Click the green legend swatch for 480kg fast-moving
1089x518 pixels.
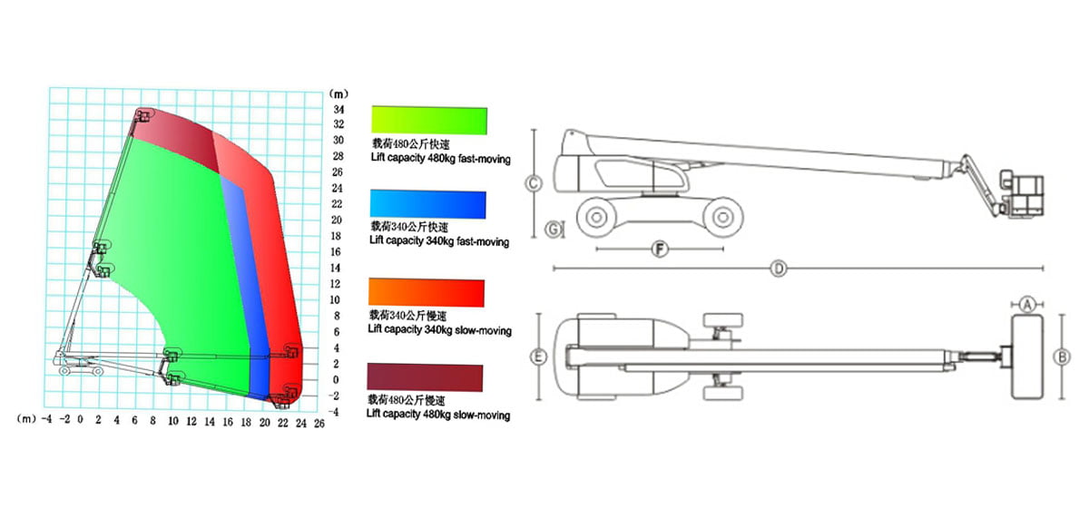429,120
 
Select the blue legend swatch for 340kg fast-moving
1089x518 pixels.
427,204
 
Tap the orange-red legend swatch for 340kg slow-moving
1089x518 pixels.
427,292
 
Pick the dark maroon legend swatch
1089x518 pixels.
426,377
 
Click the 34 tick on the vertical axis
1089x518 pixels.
338,110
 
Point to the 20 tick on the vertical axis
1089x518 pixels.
337,220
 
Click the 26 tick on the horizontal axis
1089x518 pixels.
319,424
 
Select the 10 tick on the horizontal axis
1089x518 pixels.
173,421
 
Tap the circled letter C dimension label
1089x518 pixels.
534,183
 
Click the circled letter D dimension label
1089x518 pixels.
779,269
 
